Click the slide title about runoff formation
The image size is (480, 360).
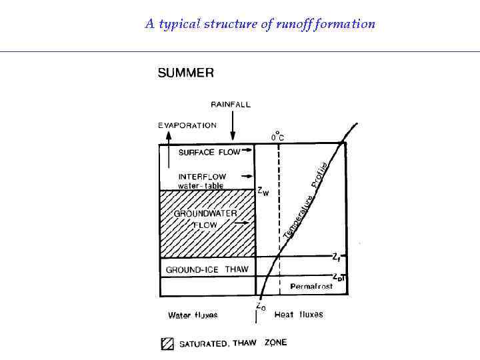[x=260, y=25]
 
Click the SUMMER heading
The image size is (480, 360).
[x=186, y=73]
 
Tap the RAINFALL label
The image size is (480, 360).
[x=231, y=104]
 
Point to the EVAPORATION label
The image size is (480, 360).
[x=187, y=125]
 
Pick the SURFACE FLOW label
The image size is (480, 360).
[x=209, y=152]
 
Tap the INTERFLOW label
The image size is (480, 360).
[x=202, y=177]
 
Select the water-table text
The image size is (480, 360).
[x=201, y=185]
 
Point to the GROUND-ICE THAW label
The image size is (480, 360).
[x=207, y=270]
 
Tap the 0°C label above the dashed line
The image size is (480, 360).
[x=277, y=135]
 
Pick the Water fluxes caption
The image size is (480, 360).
[x=193, y=315]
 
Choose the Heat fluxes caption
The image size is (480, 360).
[x=299, y=314]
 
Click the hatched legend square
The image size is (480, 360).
[x=167, y=344]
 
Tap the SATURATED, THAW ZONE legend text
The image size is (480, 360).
[x=233, y=343]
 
